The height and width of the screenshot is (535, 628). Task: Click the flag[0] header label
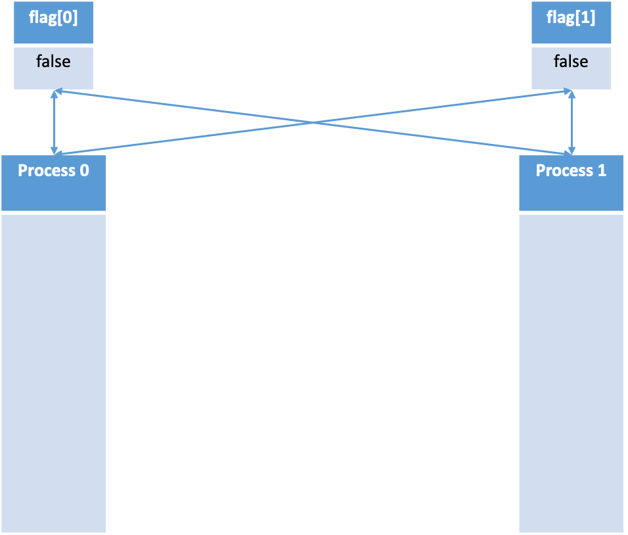click(53, 18)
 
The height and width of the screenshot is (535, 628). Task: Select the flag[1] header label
click(571, 18)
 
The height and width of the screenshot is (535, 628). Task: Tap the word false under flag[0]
click(53, 61)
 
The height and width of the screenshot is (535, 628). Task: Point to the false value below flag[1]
click(571, 61)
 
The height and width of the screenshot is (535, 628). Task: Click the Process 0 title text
click(53, 171)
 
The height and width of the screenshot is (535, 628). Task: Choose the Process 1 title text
click(571, 171)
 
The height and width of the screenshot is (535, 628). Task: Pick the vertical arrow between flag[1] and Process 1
click(572, 122)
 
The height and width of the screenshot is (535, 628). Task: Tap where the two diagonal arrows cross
click(313, 122)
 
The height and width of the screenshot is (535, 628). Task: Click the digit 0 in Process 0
click(84, 171)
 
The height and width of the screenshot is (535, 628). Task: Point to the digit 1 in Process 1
click(602, 171)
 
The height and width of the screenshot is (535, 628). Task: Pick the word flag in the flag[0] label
click(43, 18)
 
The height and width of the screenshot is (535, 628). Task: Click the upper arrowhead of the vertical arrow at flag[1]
click(572, 95)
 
